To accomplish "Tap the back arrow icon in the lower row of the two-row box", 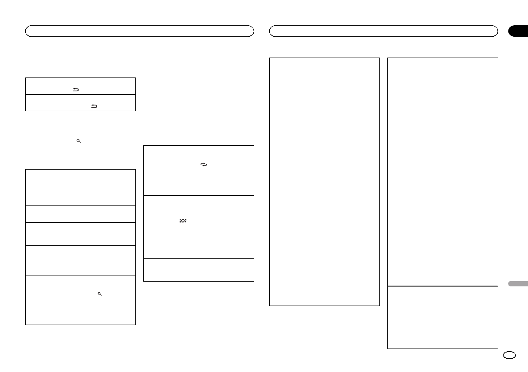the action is (94, 106).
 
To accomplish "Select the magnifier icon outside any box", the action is (79, 140).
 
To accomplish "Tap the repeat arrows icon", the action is (204, 164).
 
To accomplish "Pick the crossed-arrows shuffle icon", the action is (183, 220).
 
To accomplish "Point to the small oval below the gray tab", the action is (509, 354).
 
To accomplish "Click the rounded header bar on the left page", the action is (139, 31).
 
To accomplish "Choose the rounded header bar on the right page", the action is (383, 31).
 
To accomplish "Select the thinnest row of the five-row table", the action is (80, 214).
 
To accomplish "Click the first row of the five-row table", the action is (80, 187).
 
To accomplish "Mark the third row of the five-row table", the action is (80, 234).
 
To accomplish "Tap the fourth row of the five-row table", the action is (80, 260).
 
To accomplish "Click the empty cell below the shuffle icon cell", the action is (199, 270).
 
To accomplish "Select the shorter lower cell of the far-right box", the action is (442, 317).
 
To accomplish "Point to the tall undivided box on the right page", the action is (324, 182).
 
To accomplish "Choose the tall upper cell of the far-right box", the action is (442, 172).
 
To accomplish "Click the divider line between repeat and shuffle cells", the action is (199, 195).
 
